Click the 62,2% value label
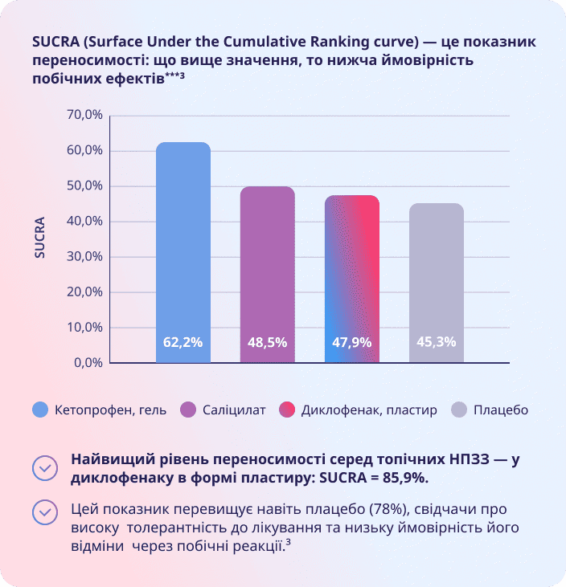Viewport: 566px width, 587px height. [x=183, y=341]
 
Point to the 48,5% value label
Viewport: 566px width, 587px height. [x=268, y=341]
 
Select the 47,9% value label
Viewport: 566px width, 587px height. [x=352, y=341]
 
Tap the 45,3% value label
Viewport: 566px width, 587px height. [x=437, y=341]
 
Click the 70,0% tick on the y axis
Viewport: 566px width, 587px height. [x=84, y=115]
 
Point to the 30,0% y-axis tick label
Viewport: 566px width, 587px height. [x=84, y=256]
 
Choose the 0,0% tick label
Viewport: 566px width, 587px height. [x=87, y=362]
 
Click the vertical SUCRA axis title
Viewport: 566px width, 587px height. [x=40, y=238]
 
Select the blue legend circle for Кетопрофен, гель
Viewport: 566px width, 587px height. [x=40, y=410]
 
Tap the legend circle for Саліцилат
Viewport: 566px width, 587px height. [x=189, y=410]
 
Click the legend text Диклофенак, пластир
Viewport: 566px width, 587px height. [x=369, y=410]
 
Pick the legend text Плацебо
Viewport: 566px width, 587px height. [x=501, y=410]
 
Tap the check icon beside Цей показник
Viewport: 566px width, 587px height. [x=45, y=512]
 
